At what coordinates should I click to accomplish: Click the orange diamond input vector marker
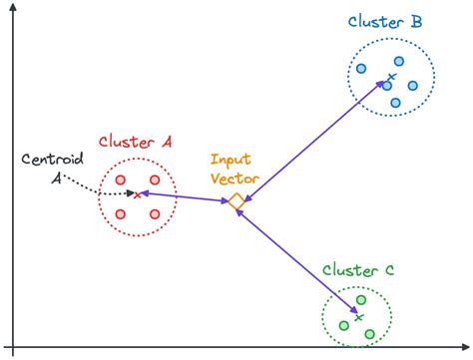click(x=236, y=202)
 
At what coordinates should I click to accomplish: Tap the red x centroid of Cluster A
click(x=137, y=194)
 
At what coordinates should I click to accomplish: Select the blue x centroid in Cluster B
click(x=391, y=77)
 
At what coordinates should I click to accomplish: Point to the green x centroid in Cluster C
click(x=357, y=317)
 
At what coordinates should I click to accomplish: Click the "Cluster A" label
click(x=136, y=144)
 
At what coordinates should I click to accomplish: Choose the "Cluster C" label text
click(x=358, y=270)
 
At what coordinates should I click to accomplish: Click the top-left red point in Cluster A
click(x=121, y=180)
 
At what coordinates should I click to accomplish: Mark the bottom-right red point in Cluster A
click(x=155, y=214)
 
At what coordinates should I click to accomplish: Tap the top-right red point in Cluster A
click(x=155, y=180)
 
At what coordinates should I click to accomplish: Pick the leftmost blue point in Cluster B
click(x=361, y=69)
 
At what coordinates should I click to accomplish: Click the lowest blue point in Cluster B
click(x=395, y=103)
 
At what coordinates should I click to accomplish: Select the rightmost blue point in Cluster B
click(x=411, y=84)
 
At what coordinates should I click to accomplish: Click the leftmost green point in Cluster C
click(x=344, y=324)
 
